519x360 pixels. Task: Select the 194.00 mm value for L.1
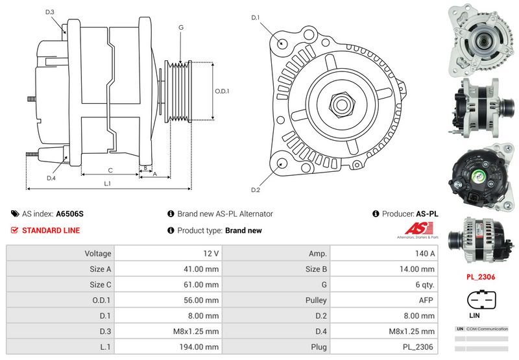pyautogui.click(x=167, y=346)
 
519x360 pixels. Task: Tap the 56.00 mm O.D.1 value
pyautogui.click(x=167, y=300)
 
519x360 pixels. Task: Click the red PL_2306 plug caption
pyautogui.click(x=481, y=276)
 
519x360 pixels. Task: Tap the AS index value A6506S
pyautogui.click(x=70, y=213)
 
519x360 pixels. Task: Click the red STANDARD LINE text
pyautogui.click(x=51, y=230)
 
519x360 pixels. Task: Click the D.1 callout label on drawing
pyautogui.click(x=256, y=17)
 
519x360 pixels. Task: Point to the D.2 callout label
pyautogui.click(x=256, y=189)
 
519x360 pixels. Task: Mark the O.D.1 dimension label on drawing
pyautogui.click(x=223, y=91)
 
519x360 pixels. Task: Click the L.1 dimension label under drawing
pyautogui.click(x=108, y=184)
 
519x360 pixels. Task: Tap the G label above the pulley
pyautogui.click(x=181, y=27)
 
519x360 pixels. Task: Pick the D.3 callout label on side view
pyautogui.click(x=50, y=12)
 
